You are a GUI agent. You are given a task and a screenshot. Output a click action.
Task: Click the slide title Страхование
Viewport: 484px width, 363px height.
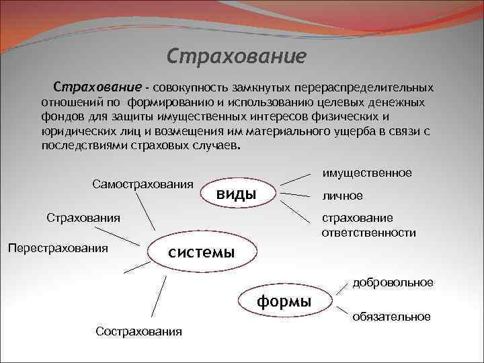point(236,54)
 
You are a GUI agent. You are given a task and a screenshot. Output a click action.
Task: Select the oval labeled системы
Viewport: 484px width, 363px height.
point(201,252)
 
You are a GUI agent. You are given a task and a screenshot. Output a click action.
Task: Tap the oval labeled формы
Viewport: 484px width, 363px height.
point(284,302)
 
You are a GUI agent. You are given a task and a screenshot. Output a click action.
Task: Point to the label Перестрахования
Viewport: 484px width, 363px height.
point(57,248)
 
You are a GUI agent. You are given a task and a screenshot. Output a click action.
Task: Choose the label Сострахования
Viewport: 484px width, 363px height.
point(138,332)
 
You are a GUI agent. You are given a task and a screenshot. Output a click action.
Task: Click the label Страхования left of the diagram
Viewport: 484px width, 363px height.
point(83,217)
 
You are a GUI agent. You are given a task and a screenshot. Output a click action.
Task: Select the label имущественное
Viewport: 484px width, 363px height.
point(367,173)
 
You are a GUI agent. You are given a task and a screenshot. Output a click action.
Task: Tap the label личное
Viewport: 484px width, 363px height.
point(342,196)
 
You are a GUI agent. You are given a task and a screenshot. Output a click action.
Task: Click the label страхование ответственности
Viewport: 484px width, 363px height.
point(368,226)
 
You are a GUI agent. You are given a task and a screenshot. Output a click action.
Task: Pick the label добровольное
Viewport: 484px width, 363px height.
point(393,282)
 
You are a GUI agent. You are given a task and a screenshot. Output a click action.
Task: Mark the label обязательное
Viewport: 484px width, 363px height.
point(391,316)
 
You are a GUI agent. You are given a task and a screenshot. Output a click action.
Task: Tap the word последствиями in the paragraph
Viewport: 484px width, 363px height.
point(79,145)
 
